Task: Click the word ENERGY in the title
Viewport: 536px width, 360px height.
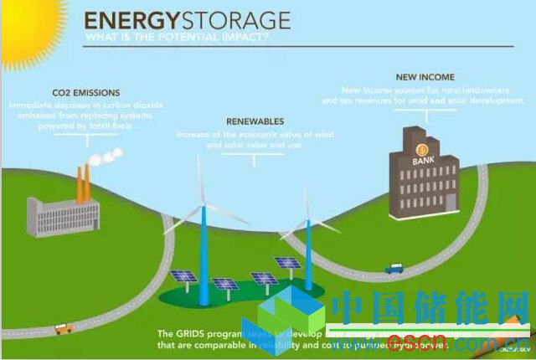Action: pyautogui.click(x=125, y=19)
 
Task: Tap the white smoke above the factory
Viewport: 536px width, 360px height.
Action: pyautogui.click(x=105, y=157)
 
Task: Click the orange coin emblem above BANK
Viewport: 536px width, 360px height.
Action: pyautogui.click(x=419, y=149)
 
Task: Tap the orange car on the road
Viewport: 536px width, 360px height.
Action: pyautogui.click(x=62, y=329)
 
